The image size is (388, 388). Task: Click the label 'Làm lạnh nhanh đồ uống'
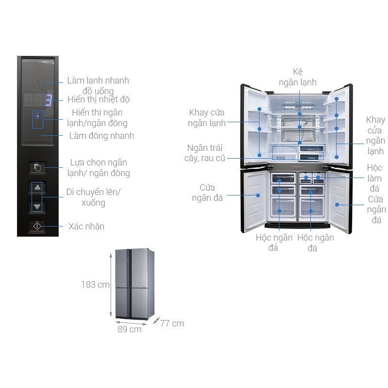point(97,85)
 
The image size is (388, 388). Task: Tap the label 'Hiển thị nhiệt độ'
point(98,99)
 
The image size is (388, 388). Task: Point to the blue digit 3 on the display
point(48,100)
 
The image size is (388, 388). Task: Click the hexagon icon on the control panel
point(38,83)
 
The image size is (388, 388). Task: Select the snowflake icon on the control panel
point(37,136)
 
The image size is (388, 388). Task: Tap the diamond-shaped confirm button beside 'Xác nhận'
point(37,226)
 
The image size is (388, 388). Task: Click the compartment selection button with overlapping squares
point(37,168)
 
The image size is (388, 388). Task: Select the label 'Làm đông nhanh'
point(101,136)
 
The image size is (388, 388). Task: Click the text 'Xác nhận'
point(86,226)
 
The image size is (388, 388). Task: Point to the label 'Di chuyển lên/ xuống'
point(93,197)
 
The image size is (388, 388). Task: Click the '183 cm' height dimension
point(95,285)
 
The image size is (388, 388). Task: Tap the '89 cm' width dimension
point(129,329)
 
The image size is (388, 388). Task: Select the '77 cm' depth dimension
point(172,323)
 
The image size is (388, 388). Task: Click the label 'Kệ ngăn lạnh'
point(297,77)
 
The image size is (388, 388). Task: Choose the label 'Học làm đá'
point(374,178)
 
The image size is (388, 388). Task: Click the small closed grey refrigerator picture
point(131,284)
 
